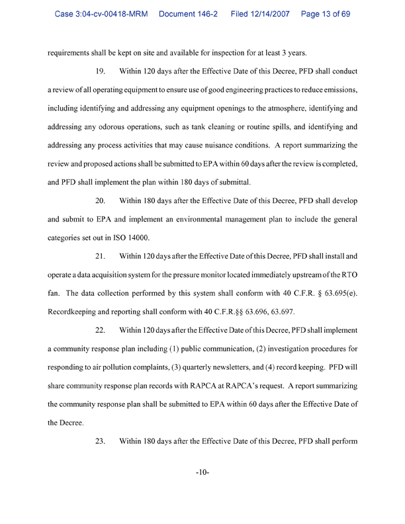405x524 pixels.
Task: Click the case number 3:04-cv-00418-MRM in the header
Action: [101, 14]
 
